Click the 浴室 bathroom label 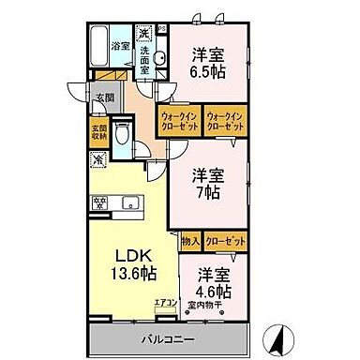[120, 45]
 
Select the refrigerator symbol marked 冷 [99, 160]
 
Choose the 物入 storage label [188, 241]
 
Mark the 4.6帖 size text [214, 289]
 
